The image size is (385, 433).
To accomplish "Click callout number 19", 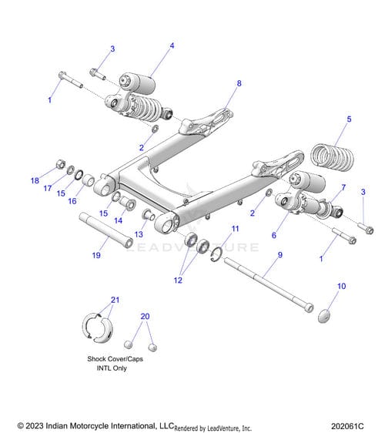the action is click(96, 255).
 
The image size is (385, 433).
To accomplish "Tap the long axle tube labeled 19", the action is click(106, 230).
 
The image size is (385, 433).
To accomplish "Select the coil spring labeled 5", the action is click(332, 156).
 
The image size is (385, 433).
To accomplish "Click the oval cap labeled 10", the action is click(324, 316).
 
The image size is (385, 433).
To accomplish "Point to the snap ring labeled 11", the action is click(216, 254).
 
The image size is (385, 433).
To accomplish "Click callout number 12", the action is click(178, 280).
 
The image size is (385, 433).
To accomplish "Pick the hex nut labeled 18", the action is click(60, 164).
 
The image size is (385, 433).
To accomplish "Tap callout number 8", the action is click(239, 83).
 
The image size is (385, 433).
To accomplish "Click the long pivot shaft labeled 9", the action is click(269, 285).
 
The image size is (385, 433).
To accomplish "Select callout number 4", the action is click(172, 45).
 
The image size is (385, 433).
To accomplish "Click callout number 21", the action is click(115, 300).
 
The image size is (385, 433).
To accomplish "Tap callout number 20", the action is click(145, 316).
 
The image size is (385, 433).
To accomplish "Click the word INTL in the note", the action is click(103, 368).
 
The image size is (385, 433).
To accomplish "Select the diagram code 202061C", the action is click(347, 426).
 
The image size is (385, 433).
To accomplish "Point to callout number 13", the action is click(139, 234).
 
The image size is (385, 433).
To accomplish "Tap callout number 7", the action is click(343, 187).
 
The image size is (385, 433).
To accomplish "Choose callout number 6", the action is click(274, 235).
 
